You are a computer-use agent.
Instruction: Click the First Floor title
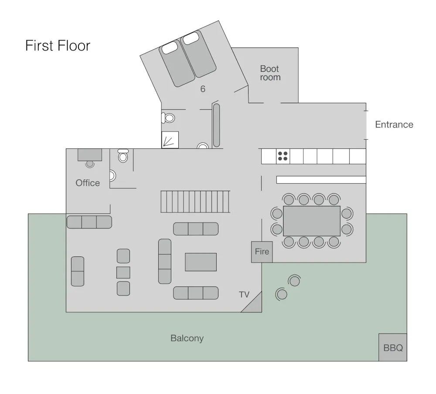(58, 46)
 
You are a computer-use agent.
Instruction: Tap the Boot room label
(270, 73)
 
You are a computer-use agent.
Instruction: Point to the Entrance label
(394, 125)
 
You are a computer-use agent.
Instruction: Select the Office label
(88, 183)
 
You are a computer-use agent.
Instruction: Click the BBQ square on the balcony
(393, 347)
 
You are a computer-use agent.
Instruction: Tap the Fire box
(262, 252)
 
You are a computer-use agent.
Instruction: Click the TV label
(244, 295)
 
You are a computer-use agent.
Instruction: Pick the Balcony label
(187, 338)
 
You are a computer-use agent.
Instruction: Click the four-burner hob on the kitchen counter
(283, 156)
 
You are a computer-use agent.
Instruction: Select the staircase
(195, 202)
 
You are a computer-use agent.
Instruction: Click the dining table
(312, 221)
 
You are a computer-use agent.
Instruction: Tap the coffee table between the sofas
(201, 262)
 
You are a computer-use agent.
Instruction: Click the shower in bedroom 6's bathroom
(170, 140)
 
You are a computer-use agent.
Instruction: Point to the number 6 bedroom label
(203, 89)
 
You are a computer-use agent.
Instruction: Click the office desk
(90, 155)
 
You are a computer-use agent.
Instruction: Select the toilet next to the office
(123, 155)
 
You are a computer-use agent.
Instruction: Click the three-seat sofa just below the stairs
(196, 229)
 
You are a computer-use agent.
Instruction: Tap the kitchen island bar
(321, 180)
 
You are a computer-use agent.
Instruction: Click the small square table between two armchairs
(123, 273)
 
